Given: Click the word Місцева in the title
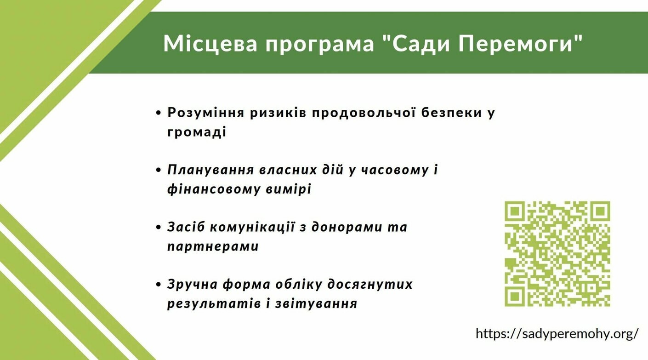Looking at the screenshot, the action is (210, 43).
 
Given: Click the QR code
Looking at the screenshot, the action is (557, 254).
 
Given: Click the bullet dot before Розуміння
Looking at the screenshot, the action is (158, 113).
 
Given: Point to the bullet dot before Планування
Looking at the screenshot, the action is (158, 170).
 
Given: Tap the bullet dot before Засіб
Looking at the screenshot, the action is (158, 228).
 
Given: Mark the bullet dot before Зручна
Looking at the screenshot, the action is (158, 285).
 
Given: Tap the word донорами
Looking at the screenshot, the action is (347, 227).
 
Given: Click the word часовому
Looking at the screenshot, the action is (395, 170).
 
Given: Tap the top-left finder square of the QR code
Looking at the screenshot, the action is (515, 211).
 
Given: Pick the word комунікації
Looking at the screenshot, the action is (252, 227).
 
